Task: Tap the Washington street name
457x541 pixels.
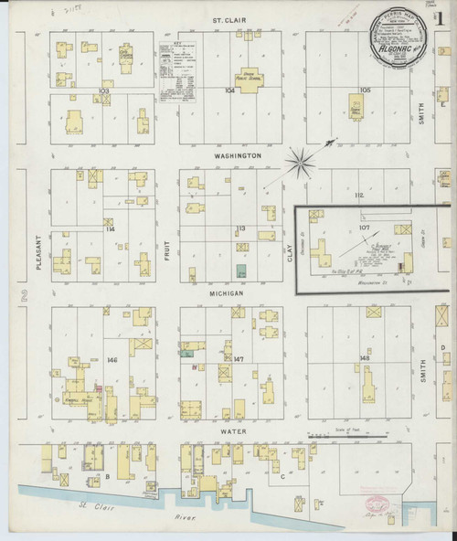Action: coord(238,156)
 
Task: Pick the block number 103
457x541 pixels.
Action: coord(104,92)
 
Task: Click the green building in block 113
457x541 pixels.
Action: coord(240,271)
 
